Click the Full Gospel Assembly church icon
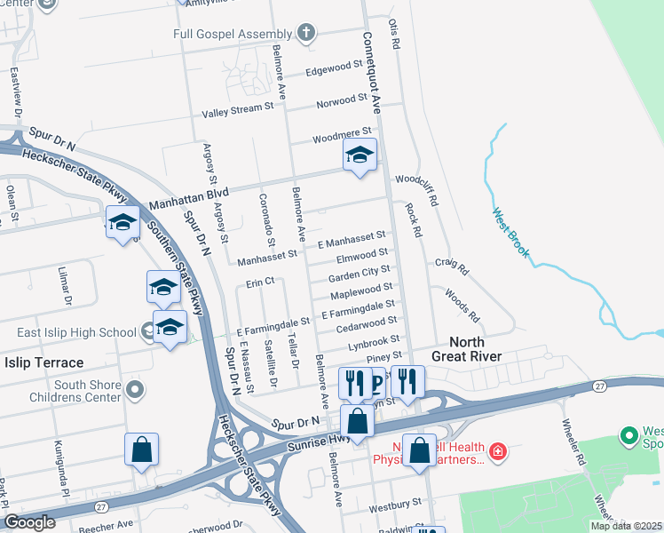click(x=306, y=34)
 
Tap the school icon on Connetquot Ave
click(x=360, y=155)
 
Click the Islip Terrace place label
click(x=43, y=362)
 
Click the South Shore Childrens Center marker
click(x=134, y=389)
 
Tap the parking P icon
click(x=377, y=384)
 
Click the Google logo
click(x=30, y=521)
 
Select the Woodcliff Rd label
click(x=417, y=190)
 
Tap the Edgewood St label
click(x=335, y=69)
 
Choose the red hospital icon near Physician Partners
click(x=498, y=452)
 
